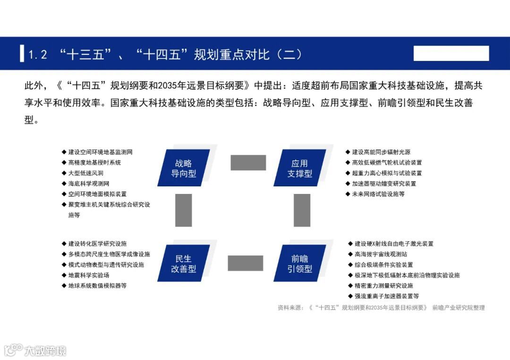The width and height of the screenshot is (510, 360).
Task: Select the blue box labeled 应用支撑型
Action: point(299,168)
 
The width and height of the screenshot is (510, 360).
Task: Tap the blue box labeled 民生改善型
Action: point(183,264)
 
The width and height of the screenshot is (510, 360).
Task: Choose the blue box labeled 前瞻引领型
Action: point(299,264)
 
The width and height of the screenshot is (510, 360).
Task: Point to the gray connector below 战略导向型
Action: point(183,210)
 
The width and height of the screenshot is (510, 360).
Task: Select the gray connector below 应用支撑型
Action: point(302,210)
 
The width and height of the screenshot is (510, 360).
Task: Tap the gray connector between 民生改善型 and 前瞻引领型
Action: point(245,263)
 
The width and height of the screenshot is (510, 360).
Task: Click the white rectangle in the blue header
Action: point(451,53)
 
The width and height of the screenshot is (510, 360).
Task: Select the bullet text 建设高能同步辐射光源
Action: point(381,152)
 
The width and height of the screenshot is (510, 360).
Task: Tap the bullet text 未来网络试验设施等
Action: point(378,194)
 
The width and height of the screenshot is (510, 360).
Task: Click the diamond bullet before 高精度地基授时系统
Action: point(64,162)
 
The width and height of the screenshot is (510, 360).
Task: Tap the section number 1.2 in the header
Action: point(38,54)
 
